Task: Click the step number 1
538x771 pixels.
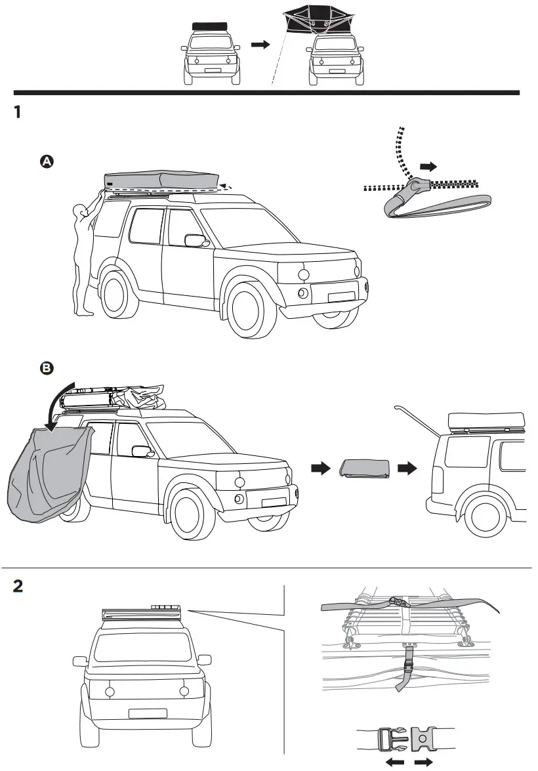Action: click(x=18, y=113)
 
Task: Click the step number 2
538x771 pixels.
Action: click(x=20, y=586)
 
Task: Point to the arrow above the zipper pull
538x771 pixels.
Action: click(x=428, y=167)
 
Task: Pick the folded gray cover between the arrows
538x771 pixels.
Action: click(x=365, y=469)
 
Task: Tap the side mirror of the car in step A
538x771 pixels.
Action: click(x=196, y=240)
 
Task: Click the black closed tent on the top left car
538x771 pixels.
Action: click(x=209, y=26)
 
